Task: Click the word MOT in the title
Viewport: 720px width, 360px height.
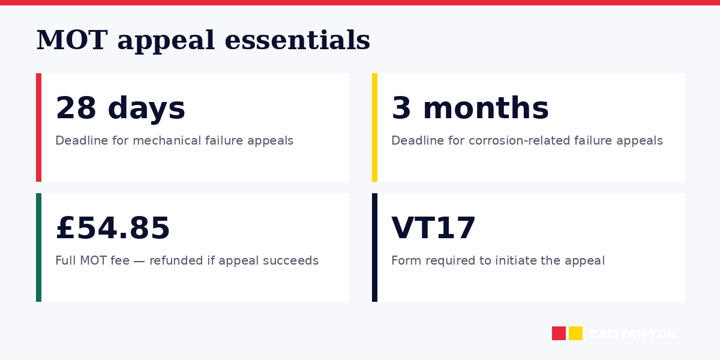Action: pyautogui.click(x=71, y=41)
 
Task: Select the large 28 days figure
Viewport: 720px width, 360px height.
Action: pyautogui.click(x=120, y=109)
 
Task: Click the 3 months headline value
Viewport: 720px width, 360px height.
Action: pyautogui.click(x=470, y=109)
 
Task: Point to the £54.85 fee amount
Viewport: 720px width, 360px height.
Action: pyautogui.click(x=113, y=229)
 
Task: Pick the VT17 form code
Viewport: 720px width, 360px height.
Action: pyautogui.click(x=433, y=229)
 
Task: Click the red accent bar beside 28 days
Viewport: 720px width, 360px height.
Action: pyautogui.click(x=38, y=127)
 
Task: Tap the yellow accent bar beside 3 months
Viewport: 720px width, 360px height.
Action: pyautogui.click(x=374, y=127)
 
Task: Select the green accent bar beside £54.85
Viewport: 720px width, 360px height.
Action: pyautogui.click(x=38, y=247)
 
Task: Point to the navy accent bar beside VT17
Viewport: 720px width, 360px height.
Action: pyautogui.click(x=374, y=247)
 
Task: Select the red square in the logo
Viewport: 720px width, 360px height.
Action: pyautogui.click(x=559, y=333)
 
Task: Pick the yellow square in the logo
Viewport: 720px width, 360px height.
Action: pyautogui.click(x=575, y=333)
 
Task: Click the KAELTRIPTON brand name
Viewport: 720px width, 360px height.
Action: pyautogui.click(x=632, y=335)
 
